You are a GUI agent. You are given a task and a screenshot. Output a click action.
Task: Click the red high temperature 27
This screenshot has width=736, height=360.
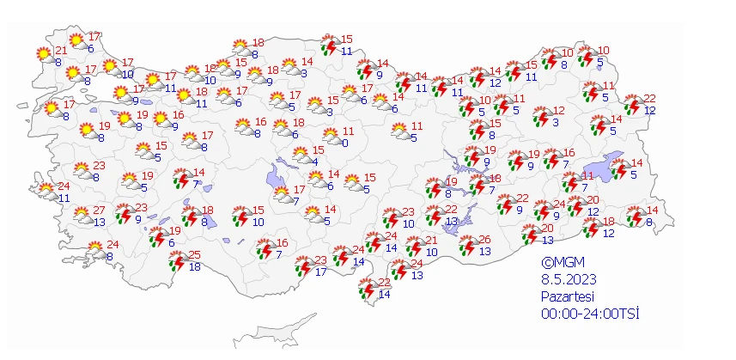click(100, 211)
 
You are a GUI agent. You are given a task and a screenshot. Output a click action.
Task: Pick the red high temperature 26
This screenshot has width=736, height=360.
click(485, 239)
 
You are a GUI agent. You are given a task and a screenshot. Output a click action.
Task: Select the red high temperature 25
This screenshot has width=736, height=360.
click(195, 255)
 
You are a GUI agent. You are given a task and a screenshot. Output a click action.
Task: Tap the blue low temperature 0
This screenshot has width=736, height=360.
click(344, 143)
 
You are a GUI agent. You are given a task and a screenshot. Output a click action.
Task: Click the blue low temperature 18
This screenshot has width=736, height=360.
click(195, 267)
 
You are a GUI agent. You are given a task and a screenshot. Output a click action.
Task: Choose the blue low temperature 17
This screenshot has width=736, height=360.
click(320, 273)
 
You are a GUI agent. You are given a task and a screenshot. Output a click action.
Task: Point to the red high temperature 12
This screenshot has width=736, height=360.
click(559, 111)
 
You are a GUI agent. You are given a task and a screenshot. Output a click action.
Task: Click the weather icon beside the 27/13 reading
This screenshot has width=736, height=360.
click(82, 217)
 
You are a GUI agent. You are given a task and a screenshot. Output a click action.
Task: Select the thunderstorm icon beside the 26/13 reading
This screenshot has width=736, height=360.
click(467, 246)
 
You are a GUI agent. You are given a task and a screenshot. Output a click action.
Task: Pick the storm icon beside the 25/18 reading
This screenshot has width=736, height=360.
click(177, 261)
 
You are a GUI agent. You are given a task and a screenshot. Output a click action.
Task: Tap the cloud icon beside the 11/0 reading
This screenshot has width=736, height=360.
click(329, 137)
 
